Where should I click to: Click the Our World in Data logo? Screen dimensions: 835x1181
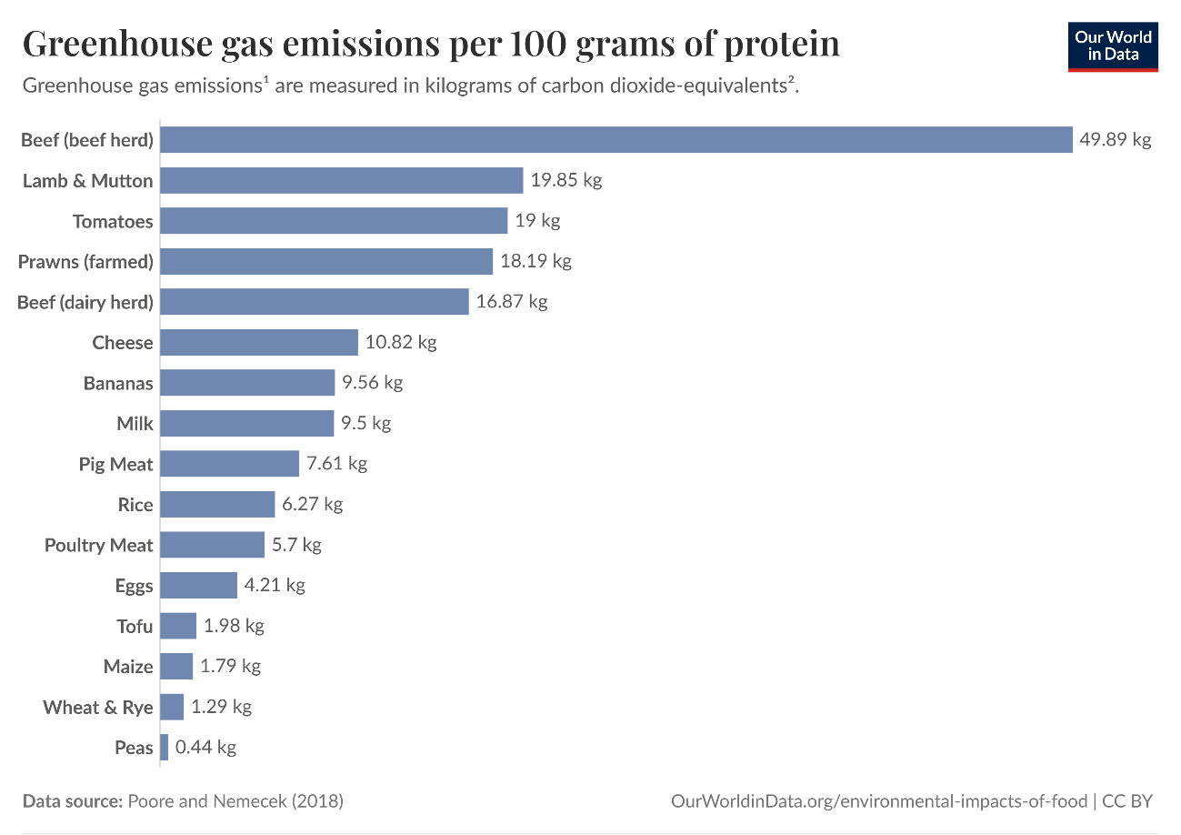[1113, 46]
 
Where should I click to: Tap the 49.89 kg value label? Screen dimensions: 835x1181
[1116, 139]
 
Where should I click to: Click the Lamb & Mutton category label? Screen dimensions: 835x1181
[87, 180]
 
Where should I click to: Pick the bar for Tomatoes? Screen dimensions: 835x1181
[334, 220]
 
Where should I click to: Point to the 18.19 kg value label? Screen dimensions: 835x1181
[535, 261]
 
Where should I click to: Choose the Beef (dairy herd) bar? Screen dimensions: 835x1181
[315, 301]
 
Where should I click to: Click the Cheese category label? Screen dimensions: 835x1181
[123, 342]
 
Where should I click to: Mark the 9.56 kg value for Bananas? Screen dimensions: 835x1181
[373, 382]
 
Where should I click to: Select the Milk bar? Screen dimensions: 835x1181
[247, 423]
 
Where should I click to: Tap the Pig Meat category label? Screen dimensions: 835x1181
[115, 464]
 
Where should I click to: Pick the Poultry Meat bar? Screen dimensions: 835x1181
[213, 545]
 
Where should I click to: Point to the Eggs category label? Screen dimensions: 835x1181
[134, 586]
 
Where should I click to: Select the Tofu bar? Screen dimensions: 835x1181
[178, 626]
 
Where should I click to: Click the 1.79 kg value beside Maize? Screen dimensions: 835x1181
[230, 666]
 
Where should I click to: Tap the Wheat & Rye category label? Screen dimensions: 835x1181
[98, 707]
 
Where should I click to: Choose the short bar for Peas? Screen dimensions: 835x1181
[165, 747]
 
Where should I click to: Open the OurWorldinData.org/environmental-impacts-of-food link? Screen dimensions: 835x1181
[878, 801]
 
